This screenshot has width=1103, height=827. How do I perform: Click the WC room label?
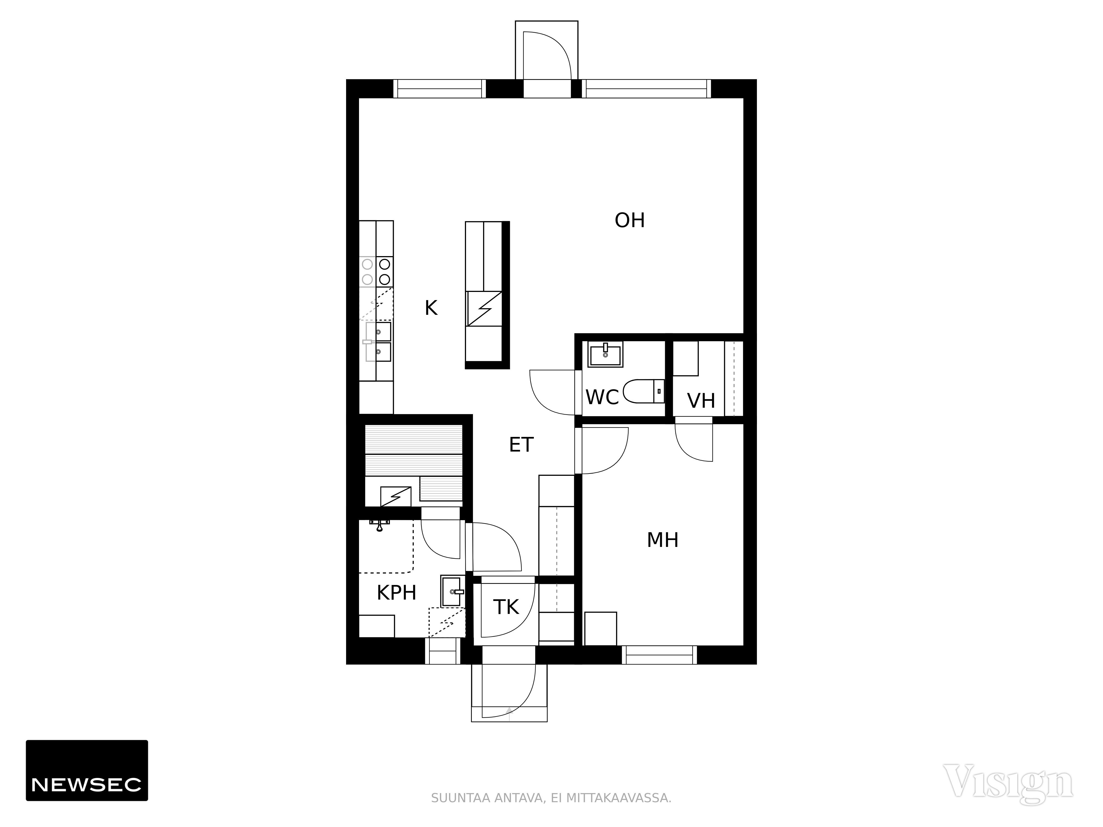(602, 397)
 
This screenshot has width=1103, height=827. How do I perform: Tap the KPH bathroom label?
(397, 593)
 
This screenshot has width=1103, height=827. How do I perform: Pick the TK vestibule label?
(506, 607)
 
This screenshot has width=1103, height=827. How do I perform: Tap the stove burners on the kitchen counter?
(376, 272)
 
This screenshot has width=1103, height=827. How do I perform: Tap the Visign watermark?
(1008, 782)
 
